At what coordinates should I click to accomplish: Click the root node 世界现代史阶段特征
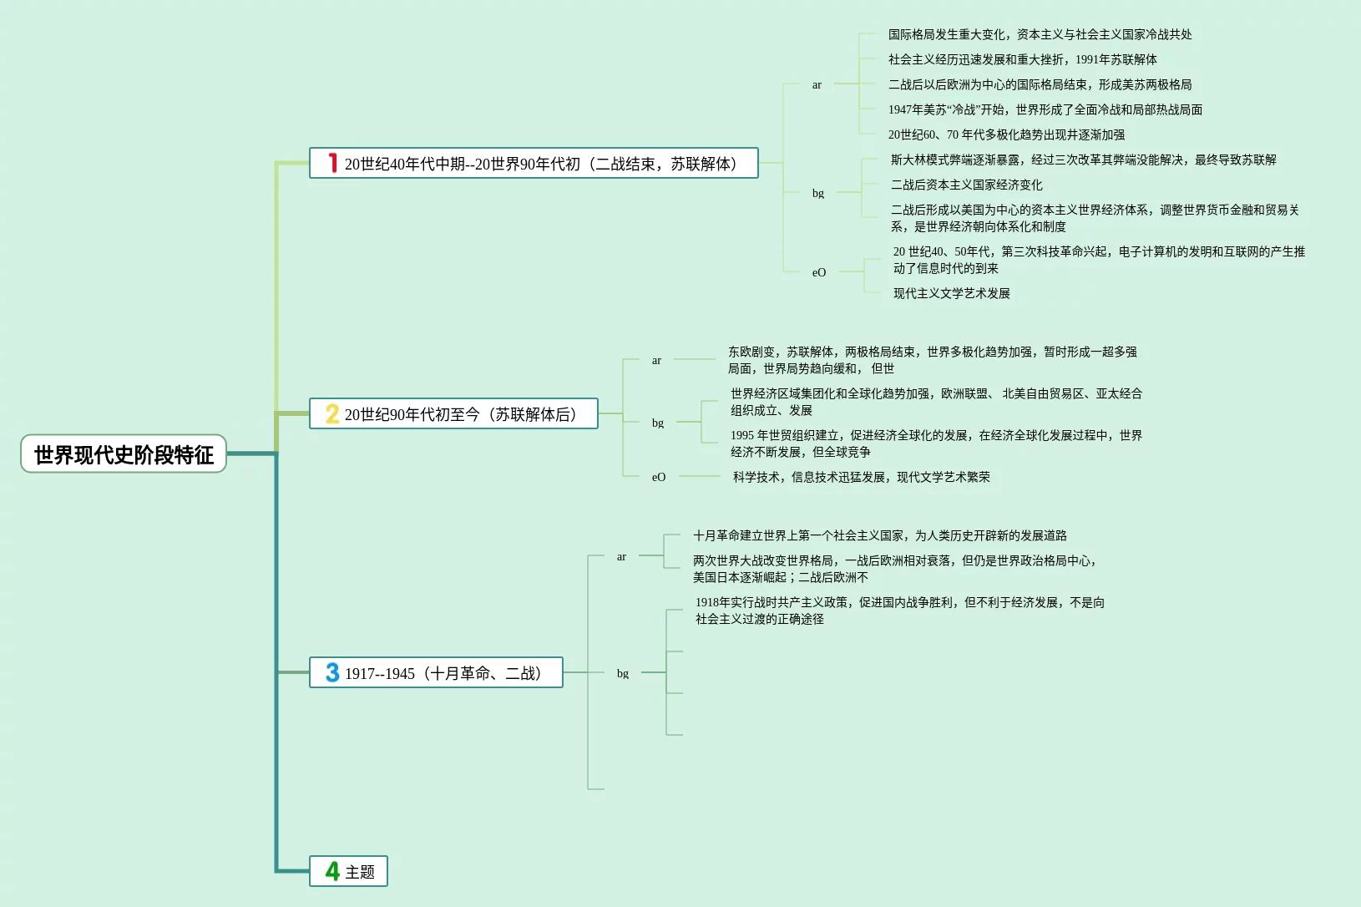tap(124, 454)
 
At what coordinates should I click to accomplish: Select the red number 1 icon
tap(332, 163)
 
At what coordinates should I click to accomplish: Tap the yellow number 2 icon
tap(332, 414)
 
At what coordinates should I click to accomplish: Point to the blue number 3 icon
tap(332, 672)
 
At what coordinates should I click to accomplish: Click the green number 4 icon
tap(332, 871)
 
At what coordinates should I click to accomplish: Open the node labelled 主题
tap(360, 872)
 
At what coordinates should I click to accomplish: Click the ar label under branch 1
tap(817, 84)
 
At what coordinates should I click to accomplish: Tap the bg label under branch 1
tap(818, 193)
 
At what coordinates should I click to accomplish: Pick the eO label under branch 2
tap(659, 477)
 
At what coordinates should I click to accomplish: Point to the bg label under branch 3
tap(623, 673)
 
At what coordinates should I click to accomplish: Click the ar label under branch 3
tap(621, 556)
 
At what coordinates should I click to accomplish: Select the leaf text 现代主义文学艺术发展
tap(951, 293)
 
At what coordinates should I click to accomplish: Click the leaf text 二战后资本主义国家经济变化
tap(966, 185)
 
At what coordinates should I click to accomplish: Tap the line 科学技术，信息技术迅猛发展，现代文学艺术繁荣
tap(861, 477)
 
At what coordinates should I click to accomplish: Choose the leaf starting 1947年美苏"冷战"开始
tap(1045, 109)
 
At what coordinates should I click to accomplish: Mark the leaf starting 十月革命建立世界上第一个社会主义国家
tap(879, 535)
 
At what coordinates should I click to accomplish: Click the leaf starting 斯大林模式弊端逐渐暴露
tap(1083, 160)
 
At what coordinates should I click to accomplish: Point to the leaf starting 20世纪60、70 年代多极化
tap(1006, 134)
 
